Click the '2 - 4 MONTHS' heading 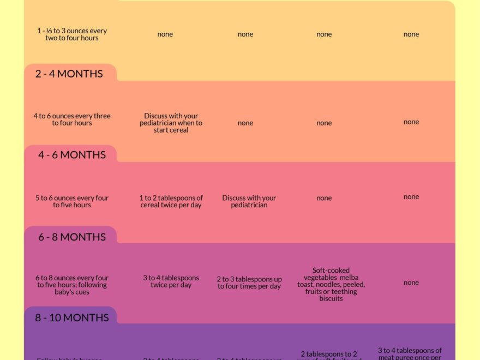click(x=69, y=74)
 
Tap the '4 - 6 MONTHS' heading click(x=71, y=155)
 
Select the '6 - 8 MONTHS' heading click(x=71, y=237)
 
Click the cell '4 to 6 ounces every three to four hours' click(x=72, y=119)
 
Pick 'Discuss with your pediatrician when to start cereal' click(x=171, y=123)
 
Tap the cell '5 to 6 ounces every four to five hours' click(x=72, y=201)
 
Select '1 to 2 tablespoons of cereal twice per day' click(x=171, y=201)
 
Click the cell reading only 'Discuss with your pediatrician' click(x=249, y=201)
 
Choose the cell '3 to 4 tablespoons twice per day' click(x=171, y=281)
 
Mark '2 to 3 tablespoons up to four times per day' click(x=249, y=283)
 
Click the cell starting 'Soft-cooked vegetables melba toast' click(x=331, y=284)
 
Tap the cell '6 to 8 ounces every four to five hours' click(x=72, y=285)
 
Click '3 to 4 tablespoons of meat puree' click(x=410, y=353)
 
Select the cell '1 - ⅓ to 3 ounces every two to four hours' click(x=72, y=34)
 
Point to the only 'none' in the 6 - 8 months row click(x=411, y=283)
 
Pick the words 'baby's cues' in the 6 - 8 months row click(x=72, y=292)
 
